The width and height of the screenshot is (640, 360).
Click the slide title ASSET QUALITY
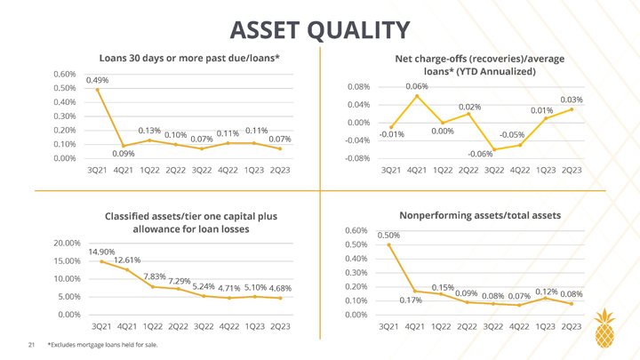click(x=320, y=30)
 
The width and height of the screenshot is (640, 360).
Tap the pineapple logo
click(x=605, y=328)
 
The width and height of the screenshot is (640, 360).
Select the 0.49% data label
click(x=97, y=80)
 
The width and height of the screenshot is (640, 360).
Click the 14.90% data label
click(x=101, y=252)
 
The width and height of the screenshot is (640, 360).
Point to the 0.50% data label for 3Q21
click(x=388, y=236)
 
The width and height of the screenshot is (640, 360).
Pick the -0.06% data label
click(x=480, y=155)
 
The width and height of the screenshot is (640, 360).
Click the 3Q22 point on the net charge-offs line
click(x=494, y=149)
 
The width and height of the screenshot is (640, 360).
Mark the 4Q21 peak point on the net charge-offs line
click(x=417, y=96)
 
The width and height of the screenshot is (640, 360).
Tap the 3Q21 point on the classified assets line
click(x=101, y=261)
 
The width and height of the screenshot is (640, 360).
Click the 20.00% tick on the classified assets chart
click(x=67, y=244)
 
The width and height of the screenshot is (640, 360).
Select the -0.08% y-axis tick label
click(x=357, y=158)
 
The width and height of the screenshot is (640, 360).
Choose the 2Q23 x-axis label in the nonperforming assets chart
click(x=572, y=327)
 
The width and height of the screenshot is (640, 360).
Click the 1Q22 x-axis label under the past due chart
click(x=149, y=170)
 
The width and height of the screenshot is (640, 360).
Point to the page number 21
click(x=31, y=345)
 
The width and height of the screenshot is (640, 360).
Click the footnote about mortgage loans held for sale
click(x=102, y=345)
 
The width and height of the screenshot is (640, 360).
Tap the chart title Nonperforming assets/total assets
click(x=480, y=215)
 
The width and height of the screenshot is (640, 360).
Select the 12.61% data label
click(x=127, y=260)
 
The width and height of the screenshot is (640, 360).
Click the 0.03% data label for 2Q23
click(x=572, y=100)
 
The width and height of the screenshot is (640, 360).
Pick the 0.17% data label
click(x=411, y=300)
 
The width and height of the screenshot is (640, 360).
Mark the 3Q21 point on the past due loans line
click(x=97, y=90)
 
